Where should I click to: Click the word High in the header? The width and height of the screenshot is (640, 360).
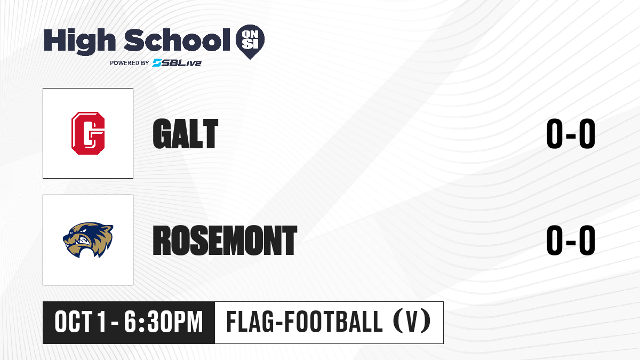coord(79,42)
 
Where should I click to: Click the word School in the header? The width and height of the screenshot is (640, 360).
coord(177,39)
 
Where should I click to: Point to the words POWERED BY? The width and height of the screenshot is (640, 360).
coord(130,63)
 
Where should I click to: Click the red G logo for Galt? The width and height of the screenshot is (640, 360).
coord(88,133)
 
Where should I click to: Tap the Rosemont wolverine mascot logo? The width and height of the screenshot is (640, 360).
coord(88,239)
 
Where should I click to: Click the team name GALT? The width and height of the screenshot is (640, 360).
coord(186,133)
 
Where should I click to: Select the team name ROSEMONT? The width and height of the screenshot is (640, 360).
coord(225,240)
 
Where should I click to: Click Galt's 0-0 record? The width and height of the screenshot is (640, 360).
coord(571,133)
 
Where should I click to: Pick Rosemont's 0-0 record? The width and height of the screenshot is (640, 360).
coord(571,240)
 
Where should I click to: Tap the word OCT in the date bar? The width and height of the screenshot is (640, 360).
coord(73,322)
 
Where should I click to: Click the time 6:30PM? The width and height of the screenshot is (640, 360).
coord(163,322)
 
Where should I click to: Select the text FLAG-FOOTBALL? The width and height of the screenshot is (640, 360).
coord(305,322)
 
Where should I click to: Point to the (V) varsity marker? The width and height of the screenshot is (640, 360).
coord(412,322)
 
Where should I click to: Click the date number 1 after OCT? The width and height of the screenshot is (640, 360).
coord(101,322)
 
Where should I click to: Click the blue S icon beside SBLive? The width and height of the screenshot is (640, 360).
coord(157,63)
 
